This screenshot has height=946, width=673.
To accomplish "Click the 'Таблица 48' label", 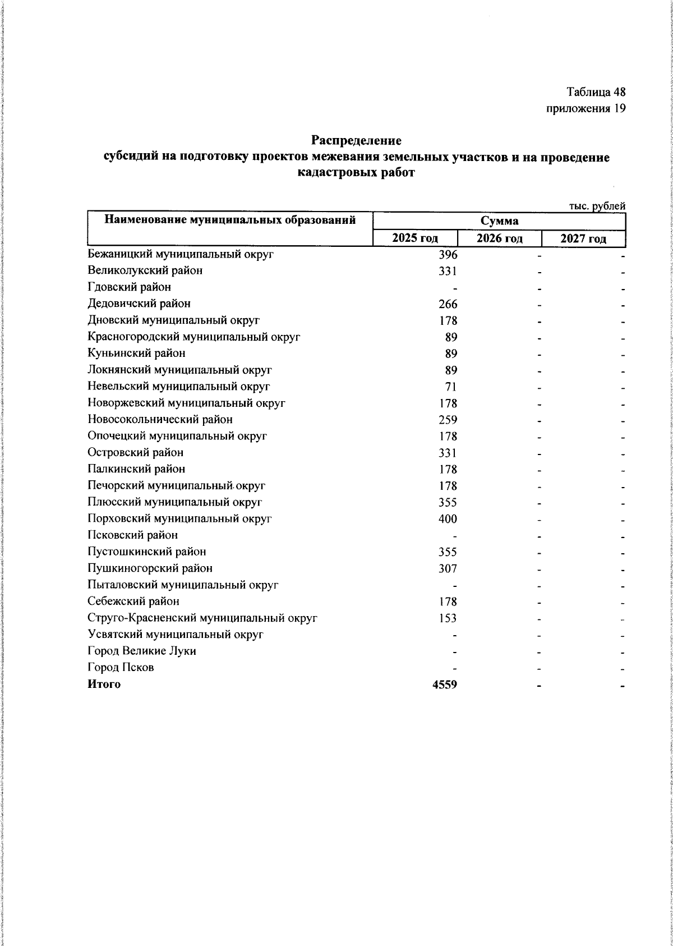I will pyautogui.click(x=596, y=91).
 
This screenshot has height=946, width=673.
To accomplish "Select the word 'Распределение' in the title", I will pyautogui.click(x=357, y=140).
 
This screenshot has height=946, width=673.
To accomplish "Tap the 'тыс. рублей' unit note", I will pyautogui.click(x=597, y=206).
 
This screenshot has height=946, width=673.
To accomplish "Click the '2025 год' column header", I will pyautogui.click(x=415, y=238).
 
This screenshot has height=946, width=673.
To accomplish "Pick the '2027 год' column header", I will pyautogui.click(x=583, y=238).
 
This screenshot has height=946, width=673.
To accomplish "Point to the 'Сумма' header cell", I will pyautogui.click(x=499, y=221).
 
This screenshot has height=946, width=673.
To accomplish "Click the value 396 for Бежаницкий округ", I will pyautogui.click(x=448, y=255).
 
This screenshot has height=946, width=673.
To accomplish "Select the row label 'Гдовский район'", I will pyautogui.click(x=130, y=287).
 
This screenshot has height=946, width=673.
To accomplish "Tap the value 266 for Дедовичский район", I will pyautogui.click(x=448, y=304).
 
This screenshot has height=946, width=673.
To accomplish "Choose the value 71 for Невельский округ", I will pyautogui.click(x=451, y=387).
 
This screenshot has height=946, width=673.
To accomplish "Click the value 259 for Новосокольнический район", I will pyautogui.click(x=448, y=420).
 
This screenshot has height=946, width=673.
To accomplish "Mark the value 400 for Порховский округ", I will pyautogui.click(x=448, y=519).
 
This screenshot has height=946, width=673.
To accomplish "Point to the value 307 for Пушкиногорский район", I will pyautogui.click(x=448, y=568).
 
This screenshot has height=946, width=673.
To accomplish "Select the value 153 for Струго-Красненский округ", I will pyautogui.click(x=448, y=618).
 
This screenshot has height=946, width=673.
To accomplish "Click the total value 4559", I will pyautogui.click(x=445, y=685).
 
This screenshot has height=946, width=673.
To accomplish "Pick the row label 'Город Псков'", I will pyautogui.click(x=121, y=668).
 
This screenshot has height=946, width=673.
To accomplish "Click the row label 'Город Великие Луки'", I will pyautogui.click(x=142, y=651).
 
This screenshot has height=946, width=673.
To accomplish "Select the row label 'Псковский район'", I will pyautogui.click(x=133, y=535).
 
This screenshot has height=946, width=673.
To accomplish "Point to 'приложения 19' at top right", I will pyautogui.click(x=586, y=108).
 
